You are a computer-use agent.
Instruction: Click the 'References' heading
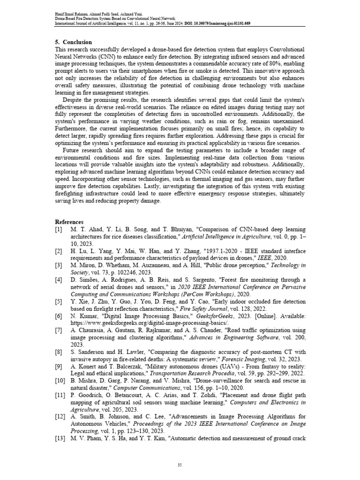pos(69,221)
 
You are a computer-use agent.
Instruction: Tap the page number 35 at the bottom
pos(180,465)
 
